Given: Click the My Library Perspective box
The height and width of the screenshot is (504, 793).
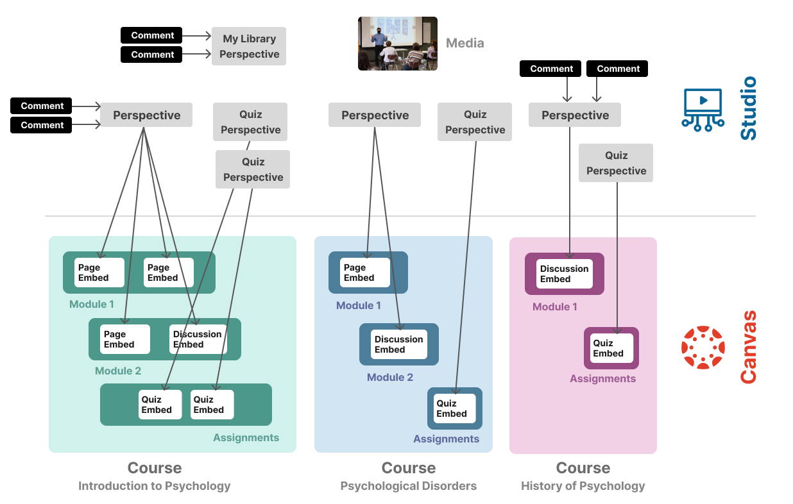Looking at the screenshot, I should (249, 46).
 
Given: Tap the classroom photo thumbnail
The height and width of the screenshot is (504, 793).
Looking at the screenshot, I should (397, 44).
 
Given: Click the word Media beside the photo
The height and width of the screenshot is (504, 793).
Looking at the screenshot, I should (465, 44).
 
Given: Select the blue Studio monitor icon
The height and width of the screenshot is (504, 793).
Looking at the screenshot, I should (703, 110).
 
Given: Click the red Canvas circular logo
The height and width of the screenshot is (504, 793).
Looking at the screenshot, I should (703, 348).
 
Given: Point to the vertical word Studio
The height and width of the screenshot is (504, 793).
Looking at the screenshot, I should (749, 108).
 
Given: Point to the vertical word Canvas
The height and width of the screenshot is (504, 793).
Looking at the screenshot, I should (749, 347).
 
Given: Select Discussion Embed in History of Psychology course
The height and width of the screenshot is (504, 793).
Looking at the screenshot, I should (565, 274).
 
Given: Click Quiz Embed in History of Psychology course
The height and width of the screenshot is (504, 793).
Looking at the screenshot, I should (611, 348).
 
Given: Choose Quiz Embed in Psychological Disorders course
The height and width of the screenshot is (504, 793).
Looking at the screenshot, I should (455, 408).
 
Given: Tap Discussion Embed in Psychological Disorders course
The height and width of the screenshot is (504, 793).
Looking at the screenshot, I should (398, 344).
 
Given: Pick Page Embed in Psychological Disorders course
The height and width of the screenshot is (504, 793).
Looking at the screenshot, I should (365, 273).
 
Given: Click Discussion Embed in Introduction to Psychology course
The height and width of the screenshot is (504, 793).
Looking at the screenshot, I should (198, 339).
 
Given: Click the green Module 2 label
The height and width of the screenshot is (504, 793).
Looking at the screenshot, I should (118, 371).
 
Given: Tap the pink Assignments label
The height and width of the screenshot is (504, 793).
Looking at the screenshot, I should (602, 379).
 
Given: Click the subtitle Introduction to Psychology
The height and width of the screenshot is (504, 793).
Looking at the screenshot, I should (154, 486).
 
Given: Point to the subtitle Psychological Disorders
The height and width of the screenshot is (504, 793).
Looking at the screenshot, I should (408, 486).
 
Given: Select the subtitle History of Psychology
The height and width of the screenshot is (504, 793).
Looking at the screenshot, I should (583, 486).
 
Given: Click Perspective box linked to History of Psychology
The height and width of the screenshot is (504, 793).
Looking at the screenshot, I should (575, 115).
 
